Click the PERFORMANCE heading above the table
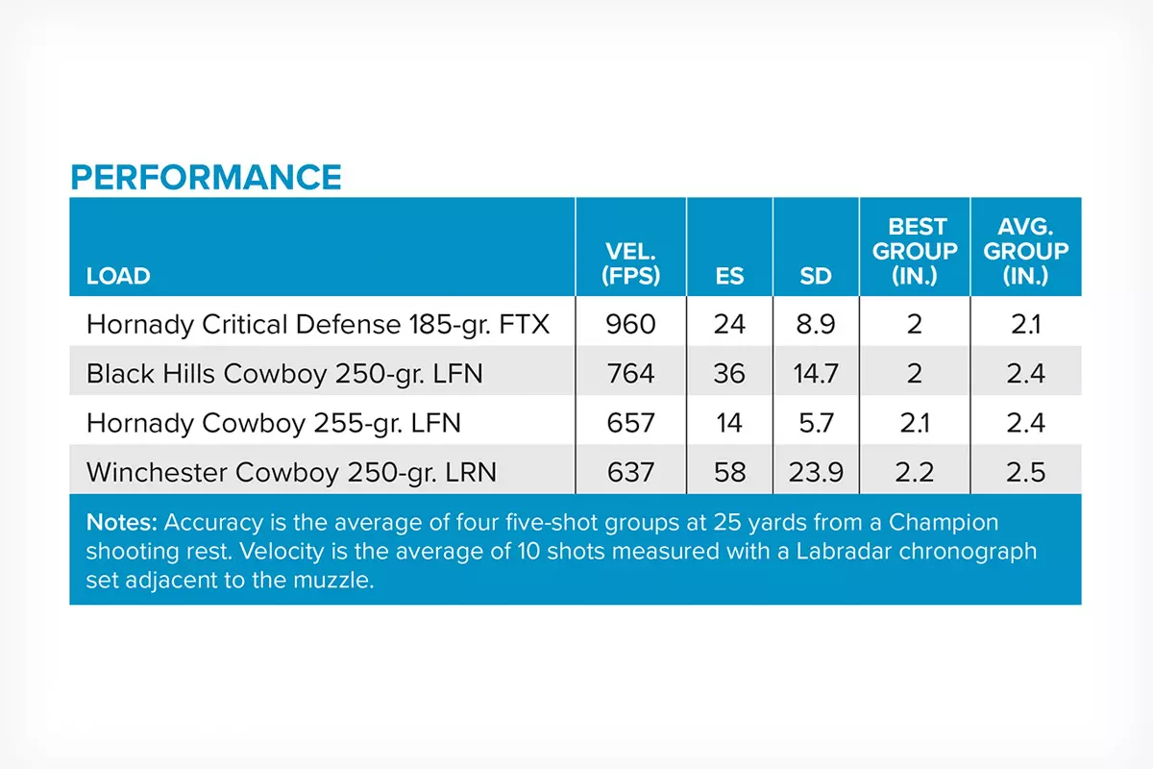(x=206, y=178)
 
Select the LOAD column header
(x=118, y=276)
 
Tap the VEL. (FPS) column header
(x=630, y=264)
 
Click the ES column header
(x=729, y=276)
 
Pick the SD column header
(x=816, y=276)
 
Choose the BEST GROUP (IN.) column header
(x=917, y=251)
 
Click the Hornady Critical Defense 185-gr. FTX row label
(x=317, y=324)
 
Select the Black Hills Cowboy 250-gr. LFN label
(x=283, y=373)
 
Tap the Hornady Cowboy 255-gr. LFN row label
(x=273, y=423)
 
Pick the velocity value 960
(x=630, y=324)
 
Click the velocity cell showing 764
(x=630, y=373)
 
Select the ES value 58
(x=729, y=472)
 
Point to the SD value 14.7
(x=816, y=373)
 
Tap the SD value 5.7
(x=816, y=423)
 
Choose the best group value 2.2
(x=917, y=472)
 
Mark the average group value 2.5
(x=1025, y=472)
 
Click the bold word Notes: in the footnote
(x=122, y=523)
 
